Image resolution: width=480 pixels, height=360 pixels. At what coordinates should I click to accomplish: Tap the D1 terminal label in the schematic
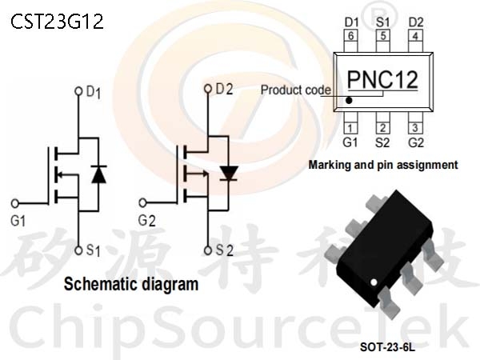(94, 92)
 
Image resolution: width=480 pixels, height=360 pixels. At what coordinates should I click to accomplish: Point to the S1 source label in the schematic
(93, 251)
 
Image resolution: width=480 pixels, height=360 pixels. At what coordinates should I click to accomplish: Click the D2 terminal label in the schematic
(224, 89)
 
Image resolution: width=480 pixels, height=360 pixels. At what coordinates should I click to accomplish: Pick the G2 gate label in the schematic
(146, 219)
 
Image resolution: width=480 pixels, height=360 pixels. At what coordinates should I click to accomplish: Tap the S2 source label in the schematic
(224, 250)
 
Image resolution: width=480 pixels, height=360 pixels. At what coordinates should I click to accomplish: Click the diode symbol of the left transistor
(98, 174)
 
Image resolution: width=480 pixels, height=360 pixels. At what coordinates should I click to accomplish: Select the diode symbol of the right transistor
(229, 172)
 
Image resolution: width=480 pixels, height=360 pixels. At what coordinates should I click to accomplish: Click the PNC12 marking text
(383, 80)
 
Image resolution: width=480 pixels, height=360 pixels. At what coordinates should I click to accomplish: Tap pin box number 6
(350, 35)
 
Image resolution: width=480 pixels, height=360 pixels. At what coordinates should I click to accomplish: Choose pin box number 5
(383, 35)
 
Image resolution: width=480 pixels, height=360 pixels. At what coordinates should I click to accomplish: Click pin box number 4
(416, 35)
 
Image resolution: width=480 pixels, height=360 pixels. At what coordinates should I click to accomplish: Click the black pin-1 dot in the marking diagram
(350, 101)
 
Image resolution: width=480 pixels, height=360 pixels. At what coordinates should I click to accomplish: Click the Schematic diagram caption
(131, 283)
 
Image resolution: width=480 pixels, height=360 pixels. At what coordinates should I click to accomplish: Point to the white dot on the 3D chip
(374, 282)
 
